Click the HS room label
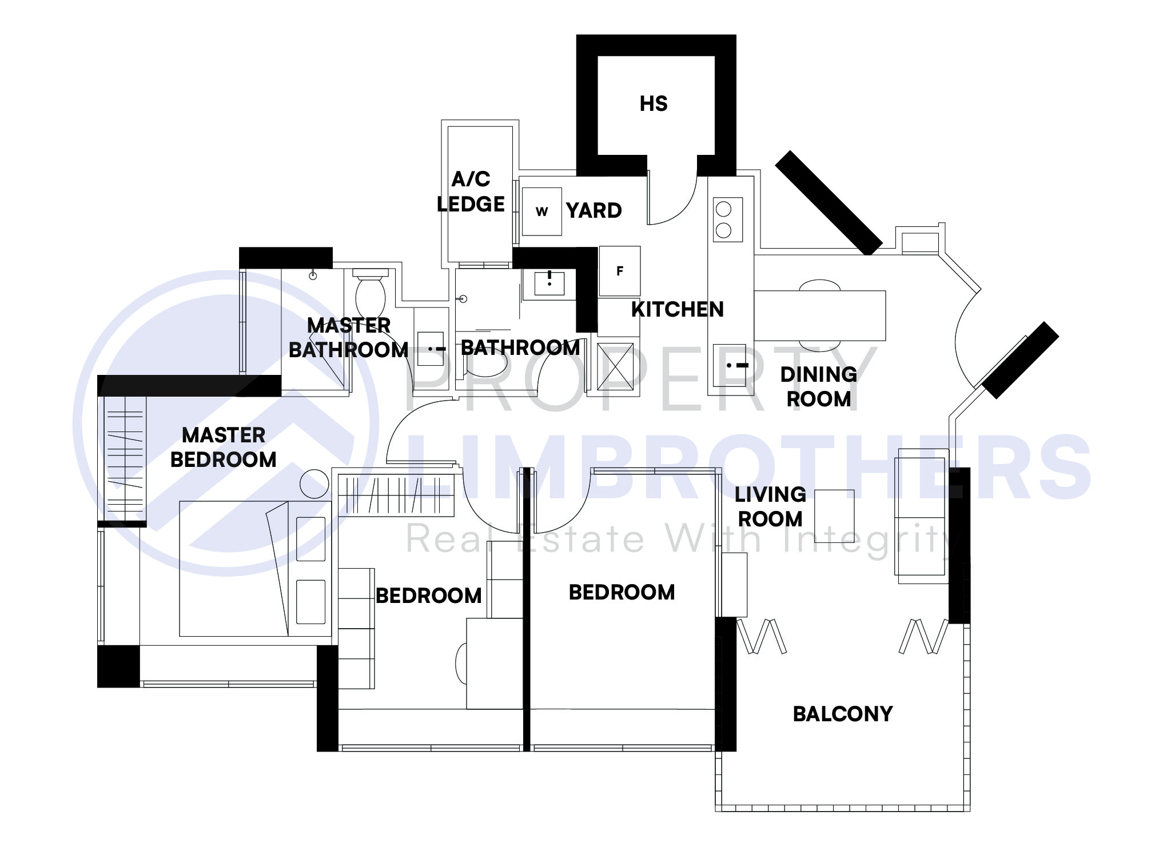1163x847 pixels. (x=654, y=104)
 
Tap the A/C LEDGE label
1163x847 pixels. (x=471, y=192)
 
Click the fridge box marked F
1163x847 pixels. (x=619, y=271)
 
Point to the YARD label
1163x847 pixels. (x=594, y=211)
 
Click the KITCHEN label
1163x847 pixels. (x=677, y=309)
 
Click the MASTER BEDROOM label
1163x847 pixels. (x=224, y=448)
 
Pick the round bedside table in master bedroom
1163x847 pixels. (x=314, y=484)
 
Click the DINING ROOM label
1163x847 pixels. (x=819, y=387)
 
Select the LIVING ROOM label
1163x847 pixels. (x=770, y=507)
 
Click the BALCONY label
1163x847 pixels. (x=842, y=714)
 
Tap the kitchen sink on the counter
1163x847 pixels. (x=730, y=365)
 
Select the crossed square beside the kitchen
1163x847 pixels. (x=615, y=366)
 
